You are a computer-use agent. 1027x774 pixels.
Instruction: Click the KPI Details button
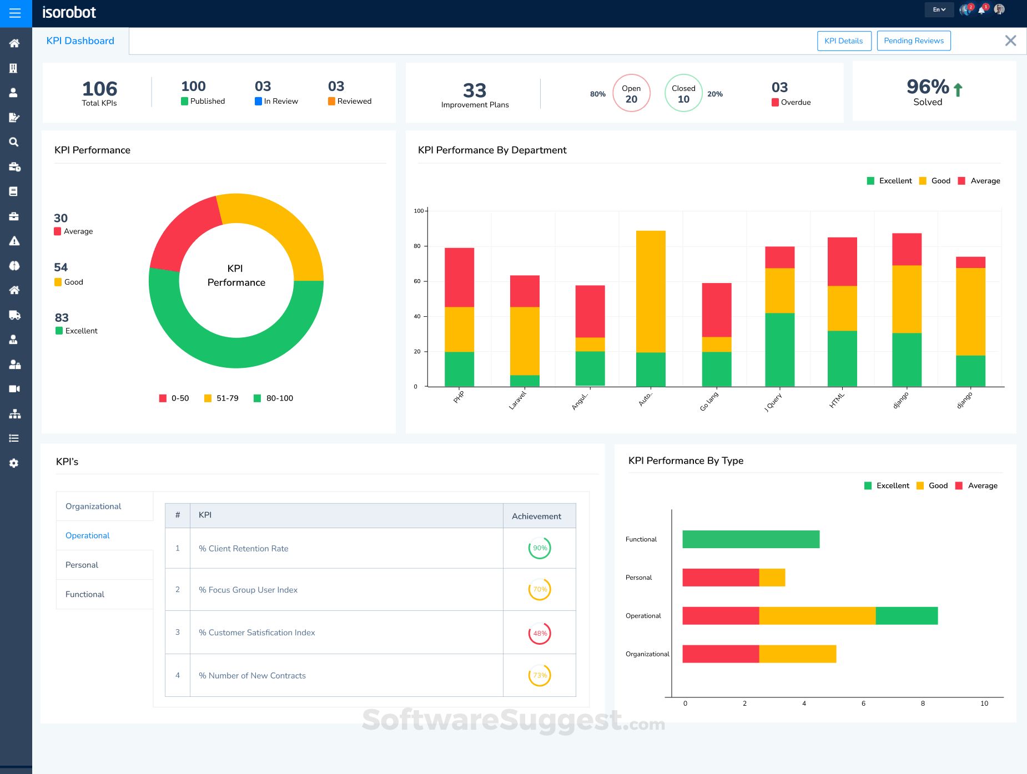click(x=844, y=41)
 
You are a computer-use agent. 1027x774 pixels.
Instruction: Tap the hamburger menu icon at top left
click(x=15, y=13)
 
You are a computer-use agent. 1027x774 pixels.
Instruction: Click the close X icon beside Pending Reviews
click(x=1010, y=41)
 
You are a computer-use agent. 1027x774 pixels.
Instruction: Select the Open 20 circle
click(x=631, y=93)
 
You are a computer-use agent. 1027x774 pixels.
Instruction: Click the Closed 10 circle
click(x=683, y=93)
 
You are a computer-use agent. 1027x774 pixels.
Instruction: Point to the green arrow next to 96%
click(x=958, y=89)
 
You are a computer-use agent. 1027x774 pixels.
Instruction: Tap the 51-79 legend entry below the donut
click(x=221, y=398)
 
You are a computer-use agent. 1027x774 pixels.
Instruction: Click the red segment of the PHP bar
click(x=459, y=277)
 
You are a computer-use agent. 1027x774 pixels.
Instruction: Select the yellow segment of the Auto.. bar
click(x=651, y=291)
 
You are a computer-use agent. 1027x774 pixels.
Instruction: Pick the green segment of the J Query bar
click(x=779, y=350)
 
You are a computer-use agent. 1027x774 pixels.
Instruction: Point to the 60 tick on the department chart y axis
click(x=417, y=281)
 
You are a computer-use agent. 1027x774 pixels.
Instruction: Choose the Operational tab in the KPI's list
click(x=88, y=535)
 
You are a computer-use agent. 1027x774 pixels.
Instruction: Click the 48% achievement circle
click(x=540, y=633)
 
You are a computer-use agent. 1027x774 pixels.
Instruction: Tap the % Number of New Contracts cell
click(x=253, y=675)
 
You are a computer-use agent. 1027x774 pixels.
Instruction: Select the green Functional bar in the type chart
click(x=751, y=539)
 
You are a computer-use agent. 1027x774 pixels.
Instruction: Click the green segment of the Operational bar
click(x=907, y=616)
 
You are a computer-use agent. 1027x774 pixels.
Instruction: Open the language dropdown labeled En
click(x=939, y=9)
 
